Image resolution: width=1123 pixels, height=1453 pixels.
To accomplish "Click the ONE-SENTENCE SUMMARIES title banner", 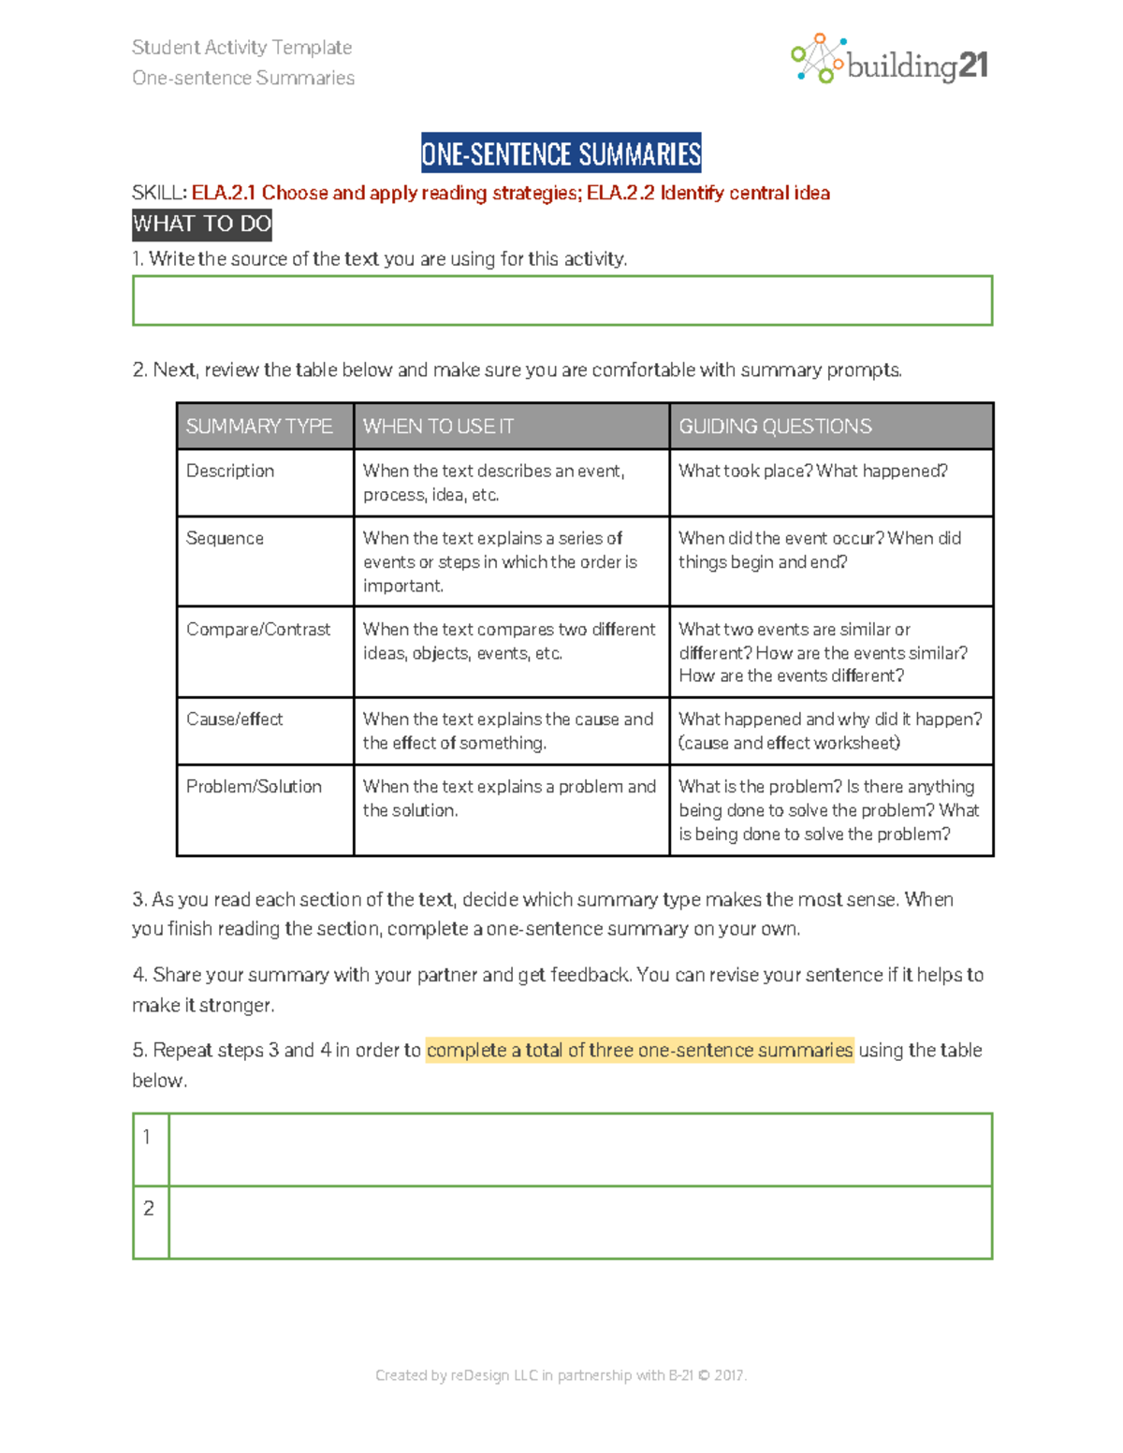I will pos(561,153).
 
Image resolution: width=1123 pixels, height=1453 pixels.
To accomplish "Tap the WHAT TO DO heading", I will pos(202,225).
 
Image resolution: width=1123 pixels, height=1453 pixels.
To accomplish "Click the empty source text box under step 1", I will pos(561,300).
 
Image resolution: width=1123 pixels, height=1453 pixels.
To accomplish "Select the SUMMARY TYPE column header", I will pos(259,427).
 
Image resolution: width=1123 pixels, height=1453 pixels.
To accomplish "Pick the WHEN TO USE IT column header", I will pos(439,427).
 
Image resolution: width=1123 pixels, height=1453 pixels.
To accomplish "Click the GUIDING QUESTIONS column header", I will pos(775,427).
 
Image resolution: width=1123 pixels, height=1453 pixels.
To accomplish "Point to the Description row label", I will pos(230,471).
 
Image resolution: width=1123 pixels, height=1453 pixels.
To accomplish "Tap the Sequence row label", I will pos(225,538).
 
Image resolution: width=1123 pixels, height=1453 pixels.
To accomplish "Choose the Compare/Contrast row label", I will pos(258,630).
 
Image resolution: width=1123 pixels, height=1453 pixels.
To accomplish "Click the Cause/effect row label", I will pos(234,719).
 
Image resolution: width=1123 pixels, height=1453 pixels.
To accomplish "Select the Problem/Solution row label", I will pos(254,787).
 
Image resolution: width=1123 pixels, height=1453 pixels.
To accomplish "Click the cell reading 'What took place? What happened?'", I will pos(813,471).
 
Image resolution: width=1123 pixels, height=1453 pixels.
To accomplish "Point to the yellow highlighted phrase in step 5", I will pos(639,1051).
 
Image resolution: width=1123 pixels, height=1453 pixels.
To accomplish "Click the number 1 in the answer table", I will pos(147,1138).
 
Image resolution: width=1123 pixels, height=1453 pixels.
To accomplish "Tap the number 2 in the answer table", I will pos(148,1209).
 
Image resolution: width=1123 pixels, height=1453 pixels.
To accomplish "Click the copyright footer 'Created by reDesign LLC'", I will pos(561,1375).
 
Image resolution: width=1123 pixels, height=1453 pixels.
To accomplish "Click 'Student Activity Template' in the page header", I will pos(242,47).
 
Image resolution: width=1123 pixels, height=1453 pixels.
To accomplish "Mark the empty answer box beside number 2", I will pos(580,1223).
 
